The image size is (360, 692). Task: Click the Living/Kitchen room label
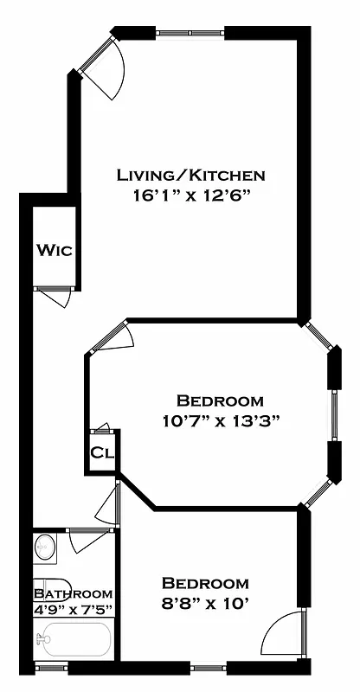[x=190, y=176]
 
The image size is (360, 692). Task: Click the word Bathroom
[x=73, y=593]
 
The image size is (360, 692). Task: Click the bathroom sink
[x=45, y=547]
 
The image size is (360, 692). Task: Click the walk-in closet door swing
[x=57, y=297]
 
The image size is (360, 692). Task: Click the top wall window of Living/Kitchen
[x=190, y=33]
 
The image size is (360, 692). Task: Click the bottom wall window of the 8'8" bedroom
[x=208, y=667]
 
